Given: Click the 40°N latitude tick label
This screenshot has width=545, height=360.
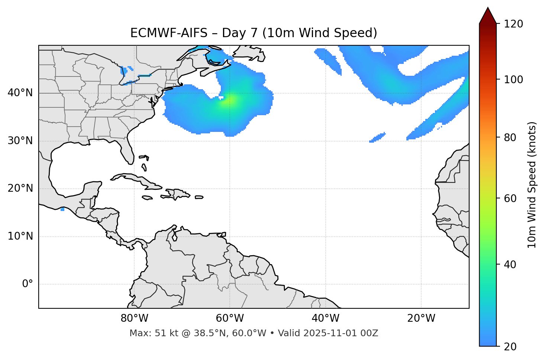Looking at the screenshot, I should (20, 93).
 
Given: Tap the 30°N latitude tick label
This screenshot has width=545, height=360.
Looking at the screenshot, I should (20, 141).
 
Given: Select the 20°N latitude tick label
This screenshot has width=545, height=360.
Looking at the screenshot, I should (20, 188).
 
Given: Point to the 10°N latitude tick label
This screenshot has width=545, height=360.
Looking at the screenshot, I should (20, 236).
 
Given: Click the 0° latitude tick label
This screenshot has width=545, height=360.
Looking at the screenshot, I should (28, 284).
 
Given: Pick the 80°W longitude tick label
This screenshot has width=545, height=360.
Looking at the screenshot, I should (134, 318).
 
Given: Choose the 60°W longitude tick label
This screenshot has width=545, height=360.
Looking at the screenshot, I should (230, 318).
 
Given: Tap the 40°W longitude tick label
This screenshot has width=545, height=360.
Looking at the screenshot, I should (325, 318).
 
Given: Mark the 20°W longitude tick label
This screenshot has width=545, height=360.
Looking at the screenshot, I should (421, 318).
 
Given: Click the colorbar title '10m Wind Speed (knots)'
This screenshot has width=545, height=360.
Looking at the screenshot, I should (532, 185).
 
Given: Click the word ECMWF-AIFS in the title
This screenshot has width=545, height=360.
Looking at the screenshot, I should (169, 33).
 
